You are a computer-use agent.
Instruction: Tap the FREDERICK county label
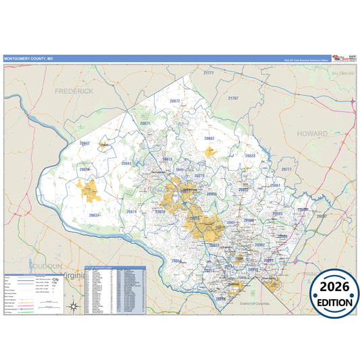74,91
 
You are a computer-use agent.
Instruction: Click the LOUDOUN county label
45,266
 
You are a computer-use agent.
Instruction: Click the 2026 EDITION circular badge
334,296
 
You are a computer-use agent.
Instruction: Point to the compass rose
74,307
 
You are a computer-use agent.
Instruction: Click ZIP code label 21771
209,73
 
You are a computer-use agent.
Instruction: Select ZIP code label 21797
233,99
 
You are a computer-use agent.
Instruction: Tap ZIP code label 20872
175,101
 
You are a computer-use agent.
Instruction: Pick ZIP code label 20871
145,124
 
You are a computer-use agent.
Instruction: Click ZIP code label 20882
209,138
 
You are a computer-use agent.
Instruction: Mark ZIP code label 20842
84,143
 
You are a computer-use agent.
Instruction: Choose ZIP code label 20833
250,155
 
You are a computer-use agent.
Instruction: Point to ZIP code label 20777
286,170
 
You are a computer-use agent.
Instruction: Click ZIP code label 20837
94,215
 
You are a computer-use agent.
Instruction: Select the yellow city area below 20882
210,152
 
